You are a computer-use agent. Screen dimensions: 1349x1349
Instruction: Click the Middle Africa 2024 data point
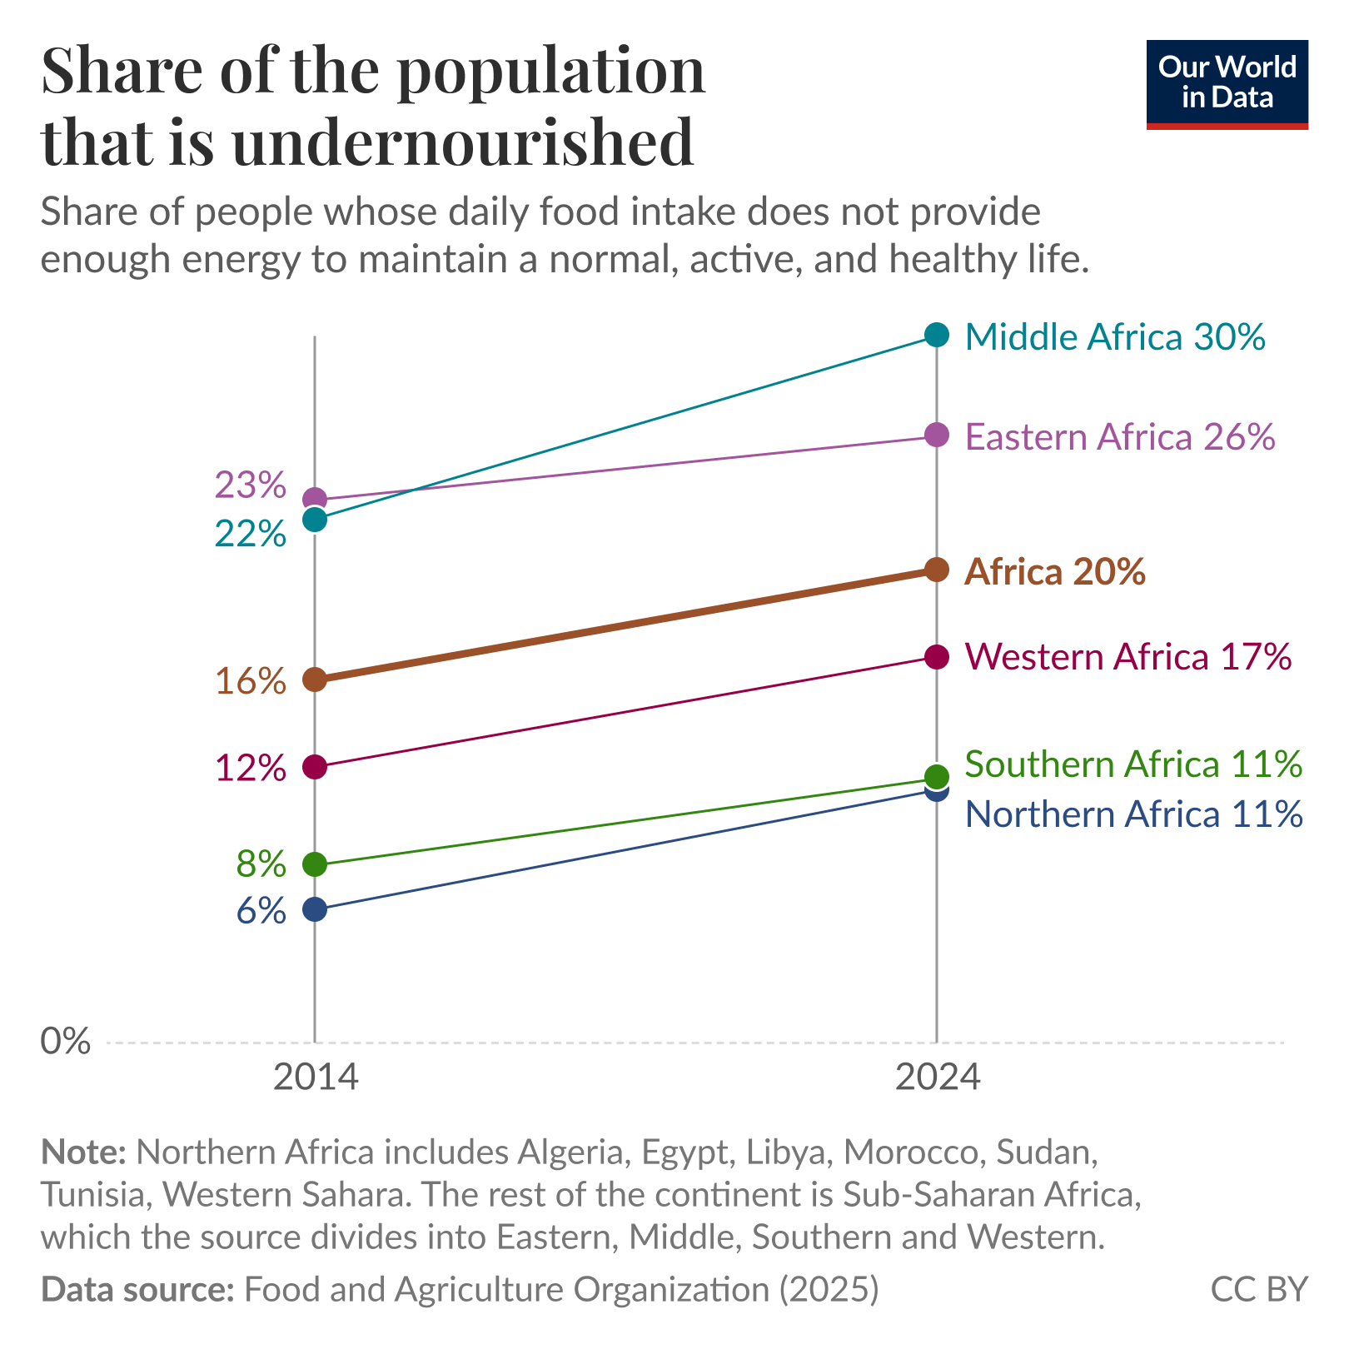coord(937,335)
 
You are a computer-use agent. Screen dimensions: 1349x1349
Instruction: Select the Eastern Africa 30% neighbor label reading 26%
coord(1119,437)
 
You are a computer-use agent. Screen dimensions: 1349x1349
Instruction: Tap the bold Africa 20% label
coord(1054,572)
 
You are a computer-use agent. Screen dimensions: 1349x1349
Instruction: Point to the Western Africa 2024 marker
coord(937,656)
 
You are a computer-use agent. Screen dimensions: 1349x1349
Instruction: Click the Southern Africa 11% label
coord(1132,764)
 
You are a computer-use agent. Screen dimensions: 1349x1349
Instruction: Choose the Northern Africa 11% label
coord(1132,814)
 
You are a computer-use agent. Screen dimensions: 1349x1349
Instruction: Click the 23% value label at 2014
coord(250,485)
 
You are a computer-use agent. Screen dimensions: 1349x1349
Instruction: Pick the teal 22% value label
coord(250,534)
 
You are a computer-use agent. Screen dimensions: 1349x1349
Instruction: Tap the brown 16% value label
coord(250,681)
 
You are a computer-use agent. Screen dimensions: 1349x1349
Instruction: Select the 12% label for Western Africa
coord(250,768)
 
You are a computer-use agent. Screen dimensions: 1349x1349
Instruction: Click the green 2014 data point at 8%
coord(315,864)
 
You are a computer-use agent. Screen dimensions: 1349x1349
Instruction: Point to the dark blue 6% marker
coord(315,908)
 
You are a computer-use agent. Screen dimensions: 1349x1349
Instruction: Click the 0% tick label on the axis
coord(65,1041)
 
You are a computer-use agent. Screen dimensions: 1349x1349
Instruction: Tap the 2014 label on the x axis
coord(315,1078)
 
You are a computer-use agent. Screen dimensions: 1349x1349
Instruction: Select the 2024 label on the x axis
coord(937,1078)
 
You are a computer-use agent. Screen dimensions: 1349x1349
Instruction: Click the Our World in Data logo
coord(1227,83)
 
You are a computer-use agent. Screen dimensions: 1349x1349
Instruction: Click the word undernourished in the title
coord(462,142)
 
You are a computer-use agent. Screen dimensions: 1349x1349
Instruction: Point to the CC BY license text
coord(1258,1289)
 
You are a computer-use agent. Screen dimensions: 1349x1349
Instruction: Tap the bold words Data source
coord(137,1289)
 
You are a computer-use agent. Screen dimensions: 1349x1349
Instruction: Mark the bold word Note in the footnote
coord(83,1152)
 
